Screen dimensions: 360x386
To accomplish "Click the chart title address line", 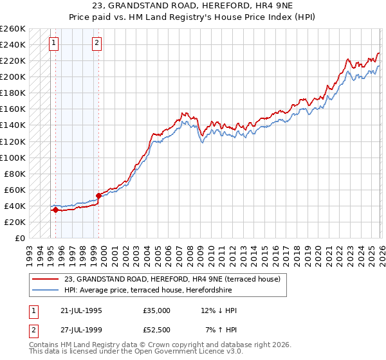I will tap(192, 6).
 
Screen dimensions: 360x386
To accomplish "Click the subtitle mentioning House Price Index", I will tap(192, 17).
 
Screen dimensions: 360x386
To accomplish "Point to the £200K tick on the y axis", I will tap(13, 76).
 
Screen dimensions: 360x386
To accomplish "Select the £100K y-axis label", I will tap(13, 157).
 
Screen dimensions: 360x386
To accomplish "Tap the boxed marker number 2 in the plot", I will tap(96, 43).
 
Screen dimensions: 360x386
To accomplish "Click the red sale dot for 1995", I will tap(56, 210).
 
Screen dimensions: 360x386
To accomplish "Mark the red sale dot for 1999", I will tap(98, 195).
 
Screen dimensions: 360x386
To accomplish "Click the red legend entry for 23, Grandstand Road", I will tap(172, 280).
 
